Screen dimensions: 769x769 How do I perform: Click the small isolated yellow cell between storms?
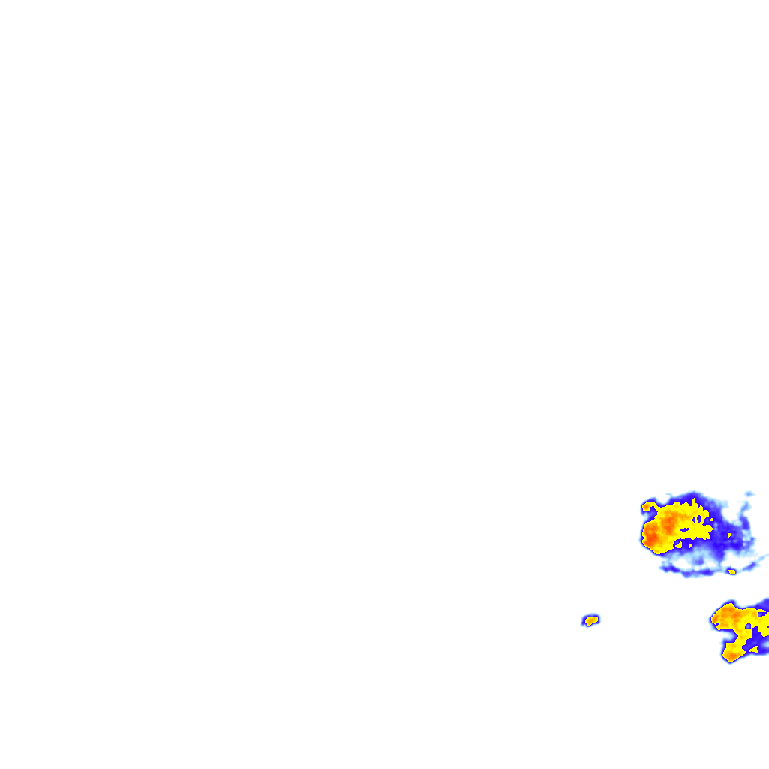pos(591,620)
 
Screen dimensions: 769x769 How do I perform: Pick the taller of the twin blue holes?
pos(698,519)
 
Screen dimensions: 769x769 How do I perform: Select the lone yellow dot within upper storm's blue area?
pos(728,535)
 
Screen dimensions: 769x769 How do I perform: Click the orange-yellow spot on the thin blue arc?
pos(731,572)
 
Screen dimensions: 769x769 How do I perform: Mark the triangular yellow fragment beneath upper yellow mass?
pos(679,544)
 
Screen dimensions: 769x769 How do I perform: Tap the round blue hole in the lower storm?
pos(748,626)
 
